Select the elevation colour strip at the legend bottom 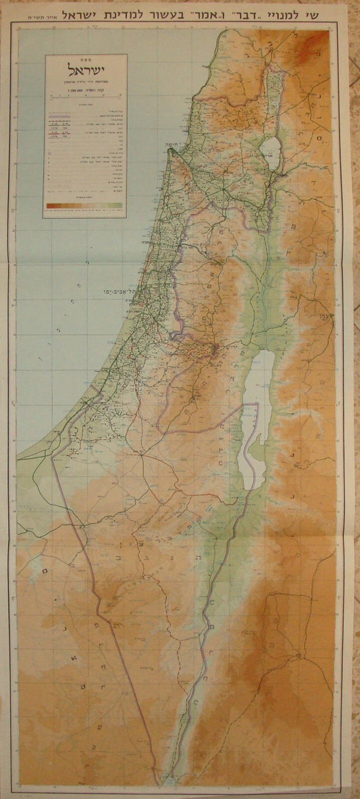click(x=84, y=204)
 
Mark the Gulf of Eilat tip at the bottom click(x=160, y=777)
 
